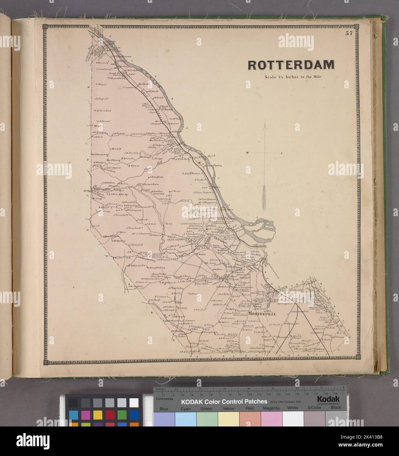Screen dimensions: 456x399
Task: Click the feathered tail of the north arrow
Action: point(264,197)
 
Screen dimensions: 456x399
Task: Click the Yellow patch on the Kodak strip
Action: point(228,409)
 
